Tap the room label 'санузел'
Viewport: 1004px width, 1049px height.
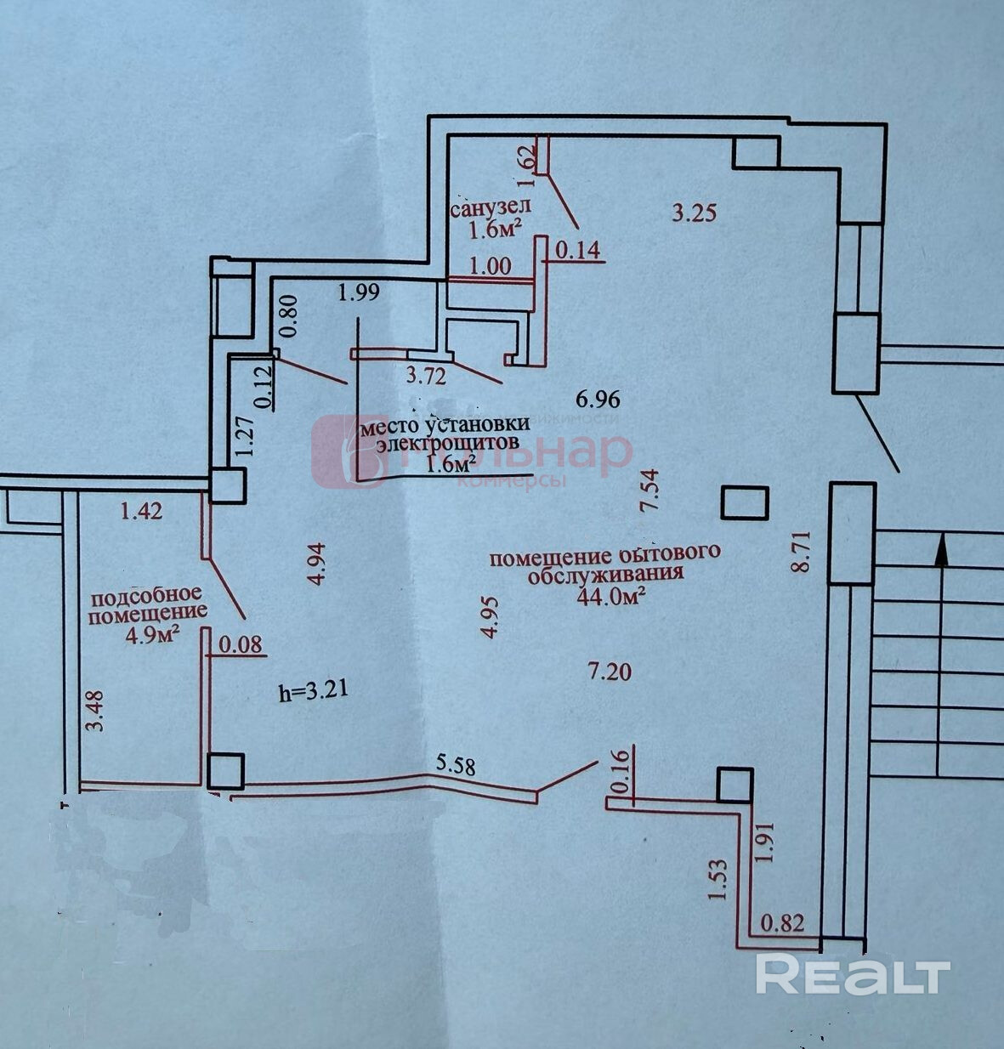pos(491,207)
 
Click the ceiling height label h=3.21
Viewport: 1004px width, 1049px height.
pos(315,691)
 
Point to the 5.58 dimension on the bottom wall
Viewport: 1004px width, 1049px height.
pos(455,763)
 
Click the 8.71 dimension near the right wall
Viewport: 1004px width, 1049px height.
pos(800,553)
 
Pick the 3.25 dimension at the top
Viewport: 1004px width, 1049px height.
pos(694,212)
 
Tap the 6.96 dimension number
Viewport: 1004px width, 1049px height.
pos(598,398)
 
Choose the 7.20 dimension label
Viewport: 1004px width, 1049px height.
pos(610,672)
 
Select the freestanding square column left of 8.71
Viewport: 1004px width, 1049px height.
pos(745,502)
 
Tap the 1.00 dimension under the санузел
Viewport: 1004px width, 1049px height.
pos(491,265)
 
